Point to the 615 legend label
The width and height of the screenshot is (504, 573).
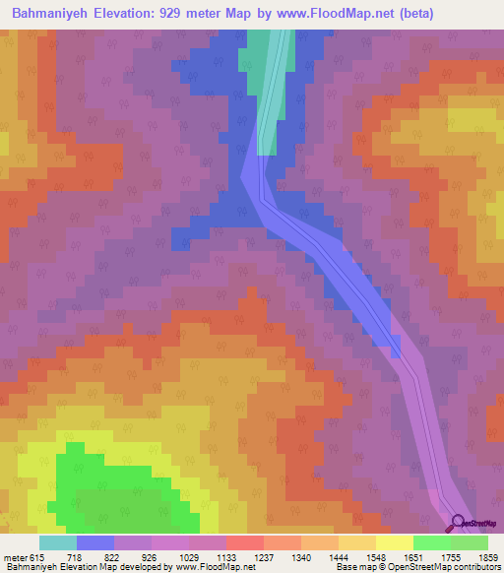click(x=37, y=558)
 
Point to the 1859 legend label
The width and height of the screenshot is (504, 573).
click(x=489, y=558)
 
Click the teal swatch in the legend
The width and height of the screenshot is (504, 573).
click(x=58, y=542)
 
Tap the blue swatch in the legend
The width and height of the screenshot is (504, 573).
click(x=95, y=542)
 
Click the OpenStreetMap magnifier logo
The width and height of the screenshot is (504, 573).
click(x=459, y=523)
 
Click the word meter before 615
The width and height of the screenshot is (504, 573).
click(x=15, y=558)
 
